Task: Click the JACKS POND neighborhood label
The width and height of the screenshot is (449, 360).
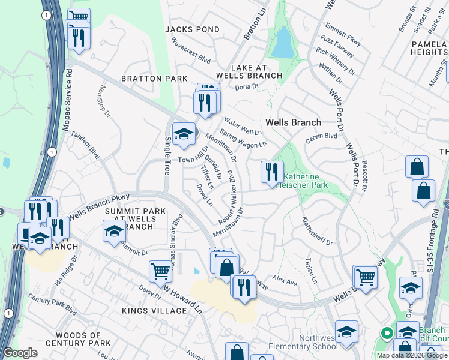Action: click(192, 29)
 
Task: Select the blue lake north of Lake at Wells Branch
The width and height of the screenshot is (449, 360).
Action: click(281, 43)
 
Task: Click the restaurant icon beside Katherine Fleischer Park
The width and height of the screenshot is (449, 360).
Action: click(272, 172)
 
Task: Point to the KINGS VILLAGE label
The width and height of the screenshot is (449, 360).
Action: click(154, 311)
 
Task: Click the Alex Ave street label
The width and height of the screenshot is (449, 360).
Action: click(285, 281)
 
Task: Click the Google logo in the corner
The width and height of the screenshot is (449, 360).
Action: click(20, 352)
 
